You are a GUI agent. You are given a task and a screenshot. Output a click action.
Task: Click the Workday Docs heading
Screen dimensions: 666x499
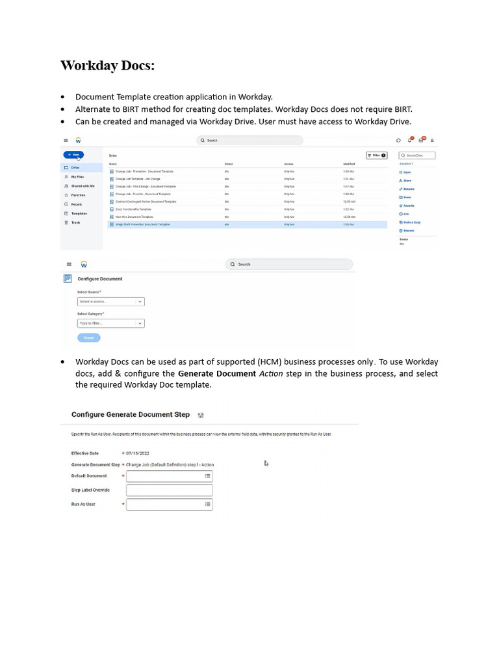(x=107, y=66)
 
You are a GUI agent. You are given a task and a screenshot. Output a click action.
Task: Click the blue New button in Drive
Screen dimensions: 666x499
(x=73, y=155)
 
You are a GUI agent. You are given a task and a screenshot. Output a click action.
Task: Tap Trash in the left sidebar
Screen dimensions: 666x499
(x=75, y=222)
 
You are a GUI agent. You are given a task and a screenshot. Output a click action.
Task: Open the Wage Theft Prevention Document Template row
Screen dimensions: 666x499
(x=142, y=224)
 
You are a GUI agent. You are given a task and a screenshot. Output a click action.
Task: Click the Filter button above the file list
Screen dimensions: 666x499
(x=376, y=155)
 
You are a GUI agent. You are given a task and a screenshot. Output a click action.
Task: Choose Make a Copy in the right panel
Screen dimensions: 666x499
(x=411, y=222)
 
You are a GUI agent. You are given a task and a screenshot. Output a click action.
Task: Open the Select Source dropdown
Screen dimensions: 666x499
(x=110, y=302)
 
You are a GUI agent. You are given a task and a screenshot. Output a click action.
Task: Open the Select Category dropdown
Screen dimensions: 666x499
(x=110, y=323)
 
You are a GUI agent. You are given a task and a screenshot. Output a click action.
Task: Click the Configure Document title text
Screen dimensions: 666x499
(x=99, y=279)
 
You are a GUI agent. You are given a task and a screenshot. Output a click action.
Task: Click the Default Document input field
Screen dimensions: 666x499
(x=169, y=476)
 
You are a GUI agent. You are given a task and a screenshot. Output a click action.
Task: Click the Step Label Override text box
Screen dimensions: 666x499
(x=169, y=490)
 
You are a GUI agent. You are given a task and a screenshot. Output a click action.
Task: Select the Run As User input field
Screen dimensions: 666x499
(x=169, y=505)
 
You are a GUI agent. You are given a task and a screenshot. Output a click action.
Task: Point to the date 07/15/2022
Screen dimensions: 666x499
(x=138, y=453)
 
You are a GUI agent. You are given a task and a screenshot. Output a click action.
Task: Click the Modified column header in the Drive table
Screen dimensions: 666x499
(x=349, y=164)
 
